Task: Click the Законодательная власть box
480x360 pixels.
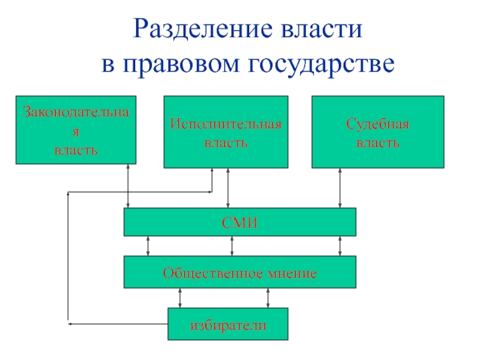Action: coord(76,130)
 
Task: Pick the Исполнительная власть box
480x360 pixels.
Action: coord(226,132)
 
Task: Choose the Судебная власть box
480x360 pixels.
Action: coord(377,132)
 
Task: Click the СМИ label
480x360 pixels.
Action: coord(239,223)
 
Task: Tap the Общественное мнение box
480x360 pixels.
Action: coord(239,272)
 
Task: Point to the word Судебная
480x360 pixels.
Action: coord(377,124)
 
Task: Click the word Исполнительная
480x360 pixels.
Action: coord(226,124)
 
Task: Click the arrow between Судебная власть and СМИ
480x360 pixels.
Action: coord(340,187)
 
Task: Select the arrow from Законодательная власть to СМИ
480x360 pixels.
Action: coord(128,186)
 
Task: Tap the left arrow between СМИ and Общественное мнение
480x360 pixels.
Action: coord(148,245)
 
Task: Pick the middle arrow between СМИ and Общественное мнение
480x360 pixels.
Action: coord(232,245)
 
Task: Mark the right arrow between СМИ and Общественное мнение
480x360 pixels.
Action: coord(340,245)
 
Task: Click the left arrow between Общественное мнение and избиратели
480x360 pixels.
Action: coord(179,298)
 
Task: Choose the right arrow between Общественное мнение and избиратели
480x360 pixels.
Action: coord(268,298)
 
